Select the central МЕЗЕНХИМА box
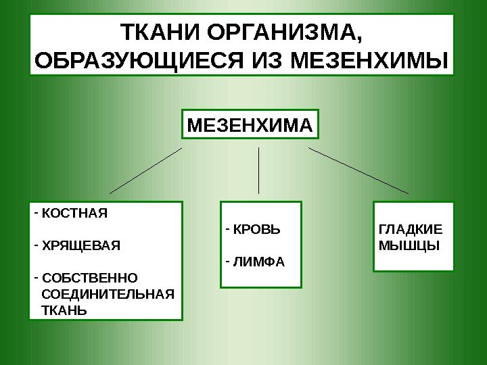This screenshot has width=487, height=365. coord(250,126)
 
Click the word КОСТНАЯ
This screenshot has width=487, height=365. coord(74,214)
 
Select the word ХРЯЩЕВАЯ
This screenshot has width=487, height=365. coord(80,245)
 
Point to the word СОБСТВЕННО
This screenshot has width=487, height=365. coord(89,278)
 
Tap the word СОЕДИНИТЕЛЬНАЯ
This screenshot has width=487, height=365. coord(108,294)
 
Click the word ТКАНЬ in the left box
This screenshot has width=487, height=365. coord(64,310)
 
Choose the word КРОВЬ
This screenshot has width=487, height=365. coord(256,230)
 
